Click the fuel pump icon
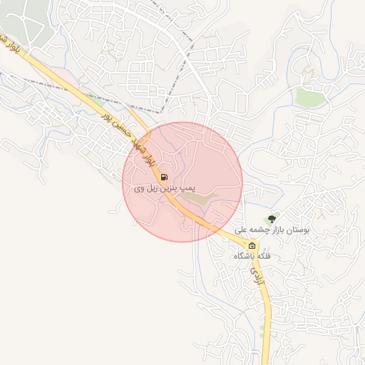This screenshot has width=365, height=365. [165, 178]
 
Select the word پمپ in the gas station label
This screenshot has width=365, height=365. [187, 188]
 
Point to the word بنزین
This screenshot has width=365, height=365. [173, 188]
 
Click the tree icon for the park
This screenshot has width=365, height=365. [271, 218]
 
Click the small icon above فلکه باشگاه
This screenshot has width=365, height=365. [251, 246]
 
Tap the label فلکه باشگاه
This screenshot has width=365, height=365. [254, 256]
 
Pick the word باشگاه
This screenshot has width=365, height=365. [245, 256]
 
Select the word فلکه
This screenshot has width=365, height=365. [267, 256]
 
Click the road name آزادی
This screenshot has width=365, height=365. [260, 279]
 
